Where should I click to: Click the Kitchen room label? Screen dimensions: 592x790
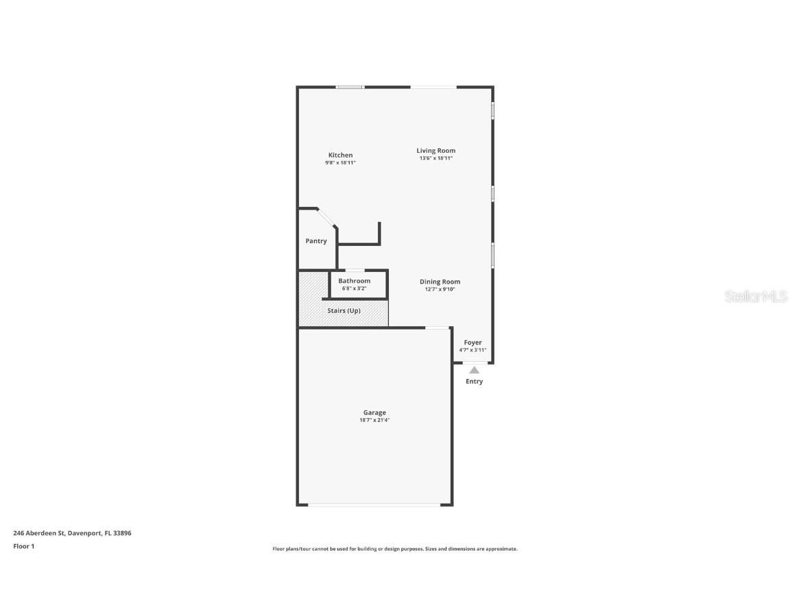(340, 155)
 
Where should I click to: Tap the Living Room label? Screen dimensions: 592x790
(435, 151)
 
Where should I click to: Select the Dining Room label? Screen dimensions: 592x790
(440, 282)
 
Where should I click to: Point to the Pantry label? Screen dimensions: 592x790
(316, 241)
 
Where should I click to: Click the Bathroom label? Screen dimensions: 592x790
(354, 281)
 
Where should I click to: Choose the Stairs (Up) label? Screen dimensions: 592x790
(344, 310)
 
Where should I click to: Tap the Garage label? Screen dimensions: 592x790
(374, 412)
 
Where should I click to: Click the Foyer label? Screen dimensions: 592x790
(472, 343)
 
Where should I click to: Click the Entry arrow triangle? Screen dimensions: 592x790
(474, 370)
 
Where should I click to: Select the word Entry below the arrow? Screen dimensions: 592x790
(474, 382)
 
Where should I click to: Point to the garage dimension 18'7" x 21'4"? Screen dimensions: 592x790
(374, 420)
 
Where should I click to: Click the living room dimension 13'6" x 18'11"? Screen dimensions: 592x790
(435, 158)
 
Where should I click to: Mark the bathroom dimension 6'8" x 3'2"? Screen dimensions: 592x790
(354, 288)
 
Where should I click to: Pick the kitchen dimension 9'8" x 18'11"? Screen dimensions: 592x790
(340, 162)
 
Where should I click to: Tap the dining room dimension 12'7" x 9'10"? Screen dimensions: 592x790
(440, 289)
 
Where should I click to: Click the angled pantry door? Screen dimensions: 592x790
(327, 217)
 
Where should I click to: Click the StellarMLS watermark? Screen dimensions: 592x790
(756, 297)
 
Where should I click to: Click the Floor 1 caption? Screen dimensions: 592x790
(23, 546)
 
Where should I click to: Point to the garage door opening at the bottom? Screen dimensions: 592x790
(374, 505)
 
